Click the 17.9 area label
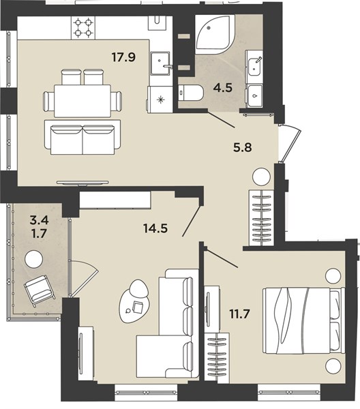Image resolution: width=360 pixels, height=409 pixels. point(123,57)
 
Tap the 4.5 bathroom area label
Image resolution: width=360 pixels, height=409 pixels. point(222,88)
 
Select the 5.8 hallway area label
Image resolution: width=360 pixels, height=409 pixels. point(242,147)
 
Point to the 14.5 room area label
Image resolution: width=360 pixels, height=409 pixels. point(155,228)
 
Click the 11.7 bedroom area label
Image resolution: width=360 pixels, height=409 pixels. point(240,314)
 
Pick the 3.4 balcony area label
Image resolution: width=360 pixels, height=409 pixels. point(39,221)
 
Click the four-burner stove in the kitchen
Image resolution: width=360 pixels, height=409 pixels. point(83,28)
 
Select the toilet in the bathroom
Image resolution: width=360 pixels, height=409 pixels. point(191,93)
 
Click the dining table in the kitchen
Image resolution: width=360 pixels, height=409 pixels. point(82,101)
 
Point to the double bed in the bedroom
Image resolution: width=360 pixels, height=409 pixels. point(304,320)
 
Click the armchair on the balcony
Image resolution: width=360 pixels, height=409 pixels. point(40,290)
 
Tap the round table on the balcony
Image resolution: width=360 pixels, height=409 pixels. point(33,259)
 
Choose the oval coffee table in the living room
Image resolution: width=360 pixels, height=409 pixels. point(134,302)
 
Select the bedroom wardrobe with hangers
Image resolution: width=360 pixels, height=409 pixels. point(217,358)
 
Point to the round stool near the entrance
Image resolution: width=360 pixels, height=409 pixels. point(261,177)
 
